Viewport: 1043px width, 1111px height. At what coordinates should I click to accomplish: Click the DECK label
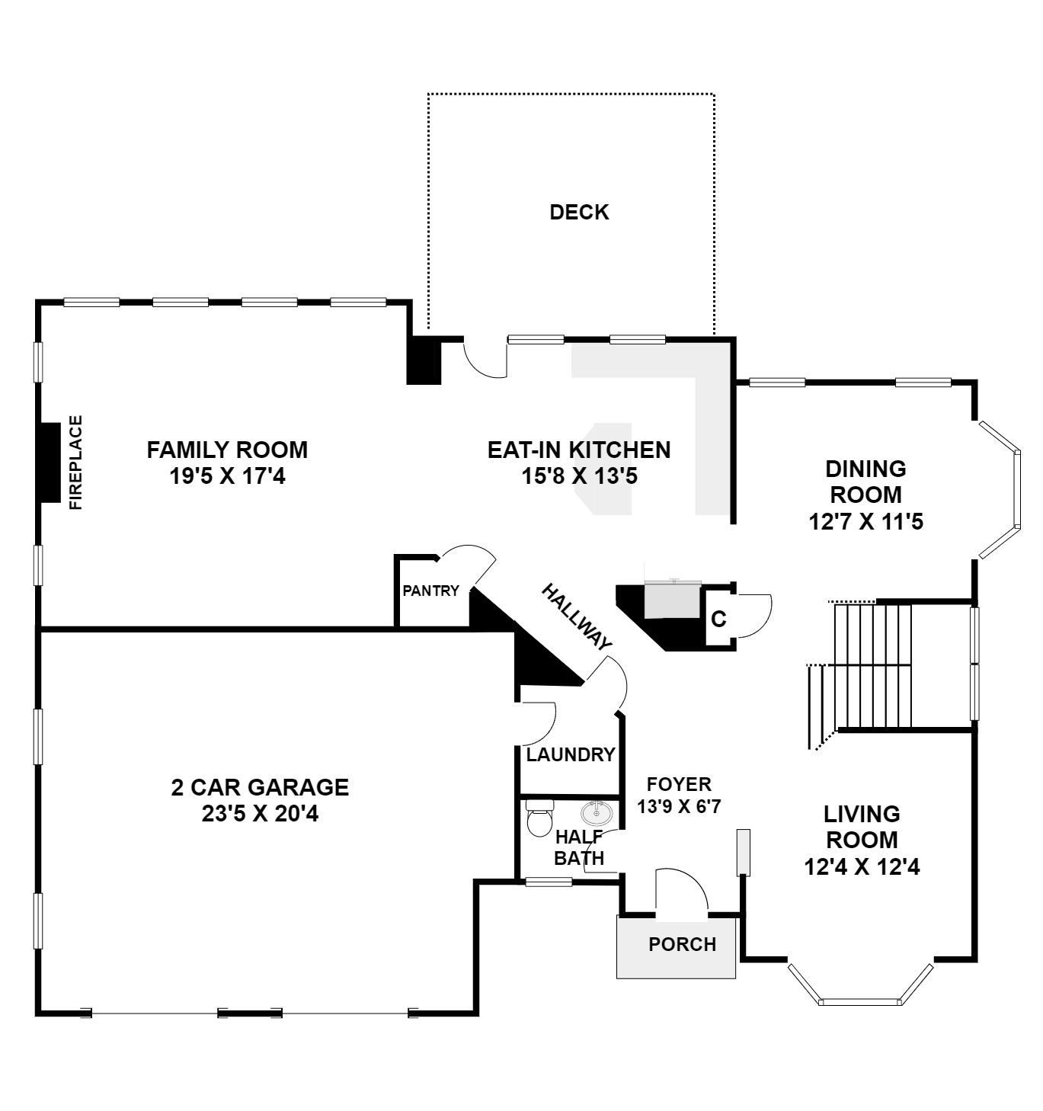click(579, 212)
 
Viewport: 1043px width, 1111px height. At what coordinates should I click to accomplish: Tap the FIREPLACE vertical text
click(75, 462)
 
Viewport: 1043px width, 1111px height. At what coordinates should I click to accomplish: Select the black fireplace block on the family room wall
click(50, 462)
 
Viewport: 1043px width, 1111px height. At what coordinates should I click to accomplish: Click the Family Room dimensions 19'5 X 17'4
click(227, 477)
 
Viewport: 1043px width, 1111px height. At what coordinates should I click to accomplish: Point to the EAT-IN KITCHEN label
click(579, 450)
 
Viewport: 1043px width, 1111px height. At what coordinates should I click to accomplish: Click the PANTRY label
click(430, 591)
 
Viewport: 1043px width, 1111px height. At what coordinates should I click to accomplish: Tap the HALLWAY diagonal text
click(576, 617)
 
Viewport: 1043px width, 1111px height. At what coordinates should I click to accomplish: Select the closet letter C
click(718, 619)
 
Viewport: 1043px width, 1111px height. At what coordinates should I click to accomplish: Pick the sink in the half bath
click(597, 812)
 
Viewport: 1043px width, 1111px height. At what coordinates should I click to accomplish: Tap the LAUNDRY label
click(571, 754)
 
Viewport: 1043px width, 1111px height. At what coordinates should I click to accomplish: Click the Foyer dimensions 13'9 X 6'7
click(678, 806)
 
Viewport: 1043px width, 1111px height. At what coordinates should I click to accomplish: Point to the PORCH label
click(682, 944)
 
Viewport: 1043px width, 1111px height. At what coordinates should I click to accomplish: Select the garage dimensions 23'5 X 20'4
click(260, 814)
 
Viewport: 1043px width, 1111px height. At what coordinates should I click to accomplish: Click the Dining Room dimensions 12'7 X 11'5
click(865, 522)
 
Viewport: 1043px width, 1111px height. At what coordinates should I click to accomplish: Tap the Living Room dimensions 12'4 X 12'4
click(862, 866)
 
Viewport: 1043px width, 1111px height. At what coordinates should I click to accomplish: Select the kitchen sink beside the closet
click(672, 600)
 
